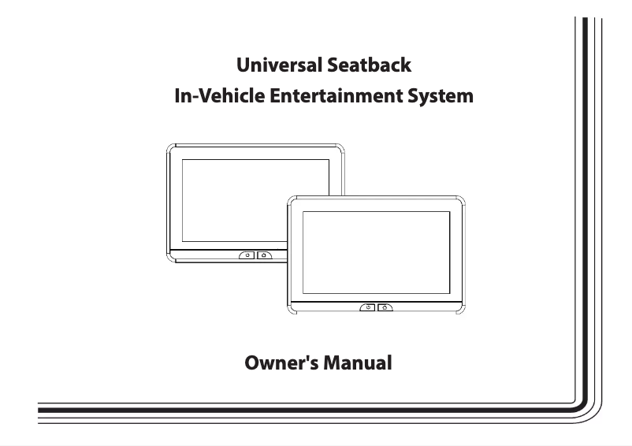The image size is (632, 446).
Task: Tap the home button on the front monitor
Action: [x=384, y=308]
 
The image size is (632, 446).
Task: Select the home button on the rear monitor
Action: [x=263, y=255]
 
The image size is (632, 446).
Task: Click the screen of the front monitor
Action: [x=377, y=250]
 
